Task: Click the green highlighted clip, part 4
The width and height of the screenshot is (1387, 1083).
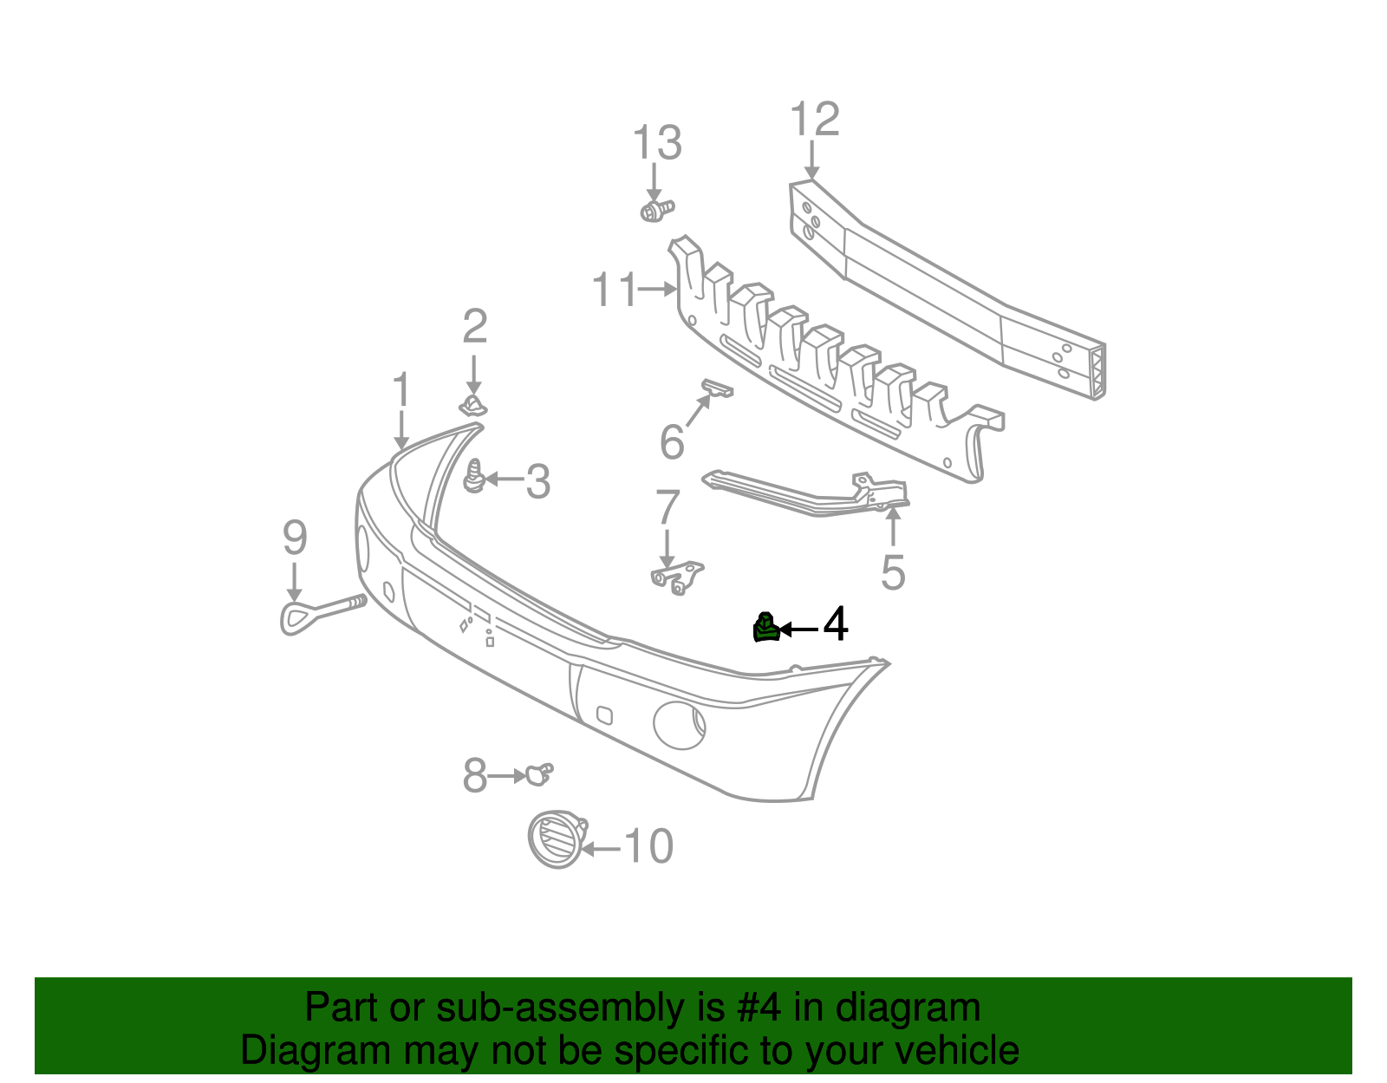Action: [765, 628]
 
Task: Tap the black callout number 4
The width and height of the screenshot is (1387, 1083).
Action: [835, 624]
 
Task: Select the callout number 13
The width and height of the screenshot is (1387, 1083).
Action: [657, 143]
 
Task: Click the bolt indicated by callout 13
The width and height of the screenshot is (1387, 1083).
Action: [656, 210]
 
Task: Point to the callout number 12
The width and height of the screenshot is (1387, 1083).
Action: [815, 120]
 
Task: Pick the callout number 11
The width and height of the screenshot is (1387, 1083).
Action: [614, 290]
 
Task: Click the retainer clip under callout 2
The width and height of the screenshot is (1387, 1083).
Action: [472, 405]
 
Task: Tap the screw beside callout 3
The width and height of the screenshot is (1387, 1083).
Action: [473, 478]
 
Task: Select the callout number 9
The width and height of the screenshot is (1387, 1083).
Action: [295, 538]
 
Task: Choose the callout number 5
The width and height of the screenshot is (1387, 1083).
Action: [892, 573]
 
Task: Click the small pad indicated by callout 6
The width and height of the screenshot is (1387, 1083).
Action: [717, 388]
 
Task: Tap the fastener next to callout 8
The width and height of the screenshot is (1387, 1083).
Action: [537, 773]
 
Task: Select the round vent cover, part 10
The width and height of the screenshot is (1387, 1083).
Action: [554, 839]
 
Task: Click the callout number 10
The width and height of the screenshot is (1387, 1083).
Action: [648, 846]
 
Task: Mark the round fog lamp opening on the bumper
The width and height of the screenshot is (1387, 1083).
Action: [680, 724]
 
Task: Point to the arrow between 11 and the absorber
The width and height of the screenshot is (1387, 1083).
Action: [656, 290]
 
